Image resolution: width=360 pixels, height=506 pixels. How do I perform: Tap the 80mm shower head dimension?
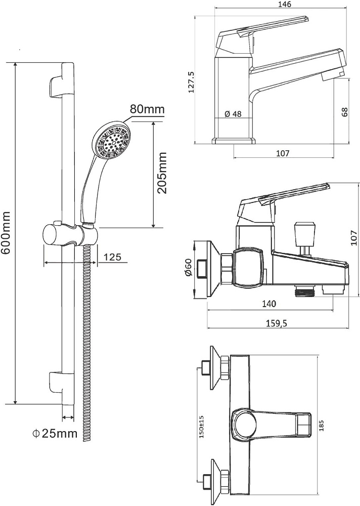(x=147, y=109)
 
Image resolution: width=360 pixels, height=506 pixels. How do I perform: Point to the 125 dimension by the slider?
(x=112, y=257)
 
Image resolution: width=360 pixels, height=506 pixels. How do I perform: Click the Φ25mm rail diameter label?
(x=54, y=433)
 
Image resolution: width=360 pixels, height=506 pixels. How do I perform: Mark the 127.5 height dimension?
(x=191, y=82)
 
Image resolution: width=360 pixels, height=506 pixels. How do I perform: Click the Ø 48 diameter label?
(x=233, y=114)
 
